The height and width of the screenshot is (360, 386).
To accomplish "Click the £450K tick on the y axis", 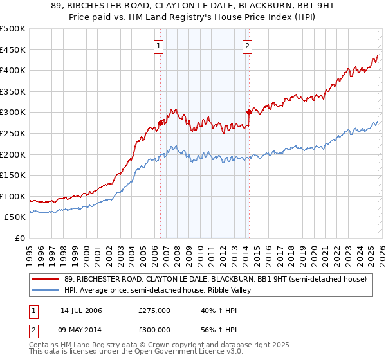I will coord(13,50).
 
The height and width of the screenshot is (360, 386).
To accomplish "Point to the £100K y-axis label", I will coord(13,196).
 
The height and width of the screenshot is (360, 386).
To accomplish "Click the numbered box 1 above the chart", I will coord(158,46).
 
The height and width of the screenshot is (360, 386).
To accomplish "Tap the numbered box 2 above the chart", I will coord(248,46).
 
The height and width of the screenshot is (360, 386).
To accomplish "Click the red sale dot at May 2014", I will coord(249,112).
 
